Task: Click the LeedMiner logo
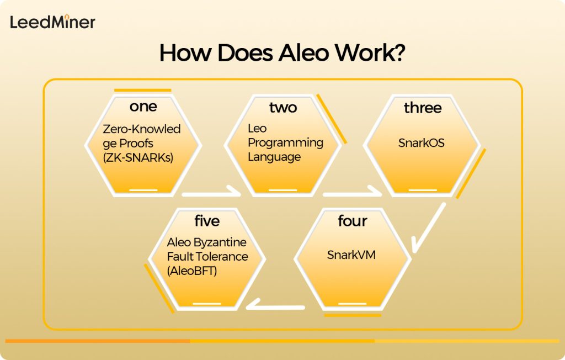click(52, 22)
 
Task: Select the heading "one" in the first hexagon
click(143, 106)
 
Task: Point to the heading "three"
click(423, 108)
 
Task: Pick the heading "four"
click(353, 221)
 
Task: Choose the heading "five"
click(207, 221)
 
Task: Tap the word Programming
click(285, 142)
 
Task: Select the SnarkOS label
click(422, 143)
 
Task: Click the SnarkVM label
click(351, 255)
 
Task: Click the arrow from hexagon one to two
click(212, 194)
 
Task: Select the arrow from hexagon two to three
click(352, 194)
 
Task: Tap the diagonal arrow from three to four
click(429, 226)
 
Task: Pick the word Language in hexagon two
click(274, 157)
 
